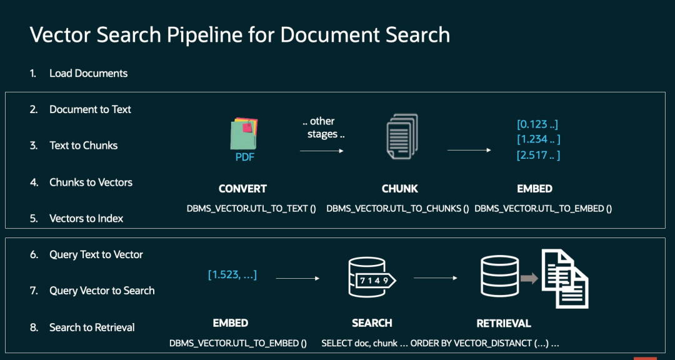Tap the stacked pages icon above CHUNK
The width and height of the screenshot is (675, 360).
point(400,136)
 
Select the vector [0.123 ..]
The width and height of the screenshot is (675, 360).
point(537,124)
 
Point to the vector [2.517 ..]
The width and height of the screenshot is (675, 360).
point(538,155)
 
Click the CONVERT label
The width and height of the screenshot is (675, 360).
point(242,189)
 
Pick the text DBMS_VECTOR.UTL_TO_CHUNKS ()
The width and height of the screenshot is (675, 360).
point(397,208)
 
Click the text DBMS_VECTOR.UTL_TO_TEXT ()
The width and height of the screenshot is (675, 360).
point(251,208)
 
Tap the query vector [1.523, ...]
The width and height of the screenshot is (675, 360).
point(232,274)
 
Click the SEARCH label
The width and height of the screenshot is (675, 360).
point(372,323)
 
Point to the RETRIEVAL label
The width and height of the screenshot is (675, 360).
point(503,323)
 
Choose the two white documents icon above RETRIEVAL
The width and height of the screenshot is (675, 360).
point(564,278)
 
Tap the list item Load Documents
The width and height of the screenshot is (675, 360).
point(88,73)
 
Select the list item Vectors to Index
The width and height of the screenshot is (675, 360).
point(86,218)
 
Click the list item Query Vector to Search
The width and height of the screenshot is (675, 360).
point(102,291)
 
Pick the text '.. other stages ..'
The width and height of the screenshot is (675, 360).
point(322,127)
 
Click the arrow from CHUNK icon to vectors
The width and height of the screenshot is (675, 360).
point(469,151)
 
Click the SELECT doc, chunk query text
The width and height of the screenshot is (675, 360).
point(440,343)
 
